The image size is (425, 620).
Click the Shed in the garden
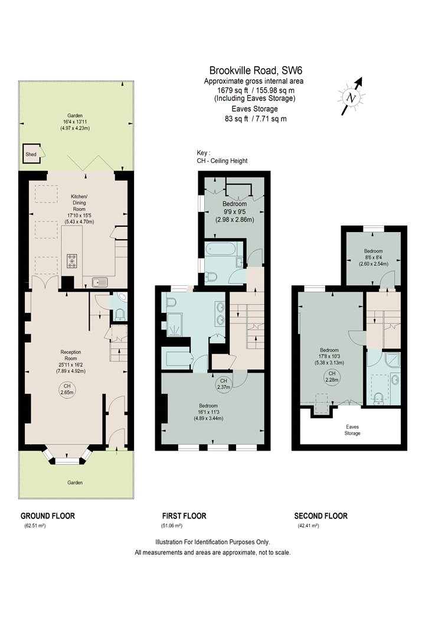pos(31,154)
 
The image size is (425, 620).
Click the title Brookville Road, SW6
pos(256,70)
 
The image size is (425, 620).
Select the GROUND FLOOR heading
pos(47,515)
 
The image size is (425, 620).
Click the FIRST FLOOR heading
pos(184,515)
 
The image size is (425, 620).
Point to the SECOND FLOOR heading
pos(321,515)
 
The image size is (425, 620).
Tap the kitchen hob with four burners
pos(73,261)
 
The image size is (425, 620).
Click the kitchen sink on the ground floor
pos(100,282)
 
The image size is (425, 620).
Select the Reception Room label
pos(71,355)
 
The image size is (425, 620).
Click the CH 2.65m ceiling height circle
pos(67,390)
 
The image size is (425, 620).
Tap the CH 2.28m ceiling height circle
pos(332,377)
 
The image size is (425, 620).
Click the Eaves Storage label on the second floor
pos(352,430)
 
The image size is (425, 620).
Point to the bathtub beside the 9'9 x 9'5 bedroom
pos(221,250)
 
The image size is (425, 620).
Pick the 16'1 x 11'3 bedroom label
pos(208,412)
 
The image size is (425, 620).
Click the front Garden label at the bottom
pos(75,482)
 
